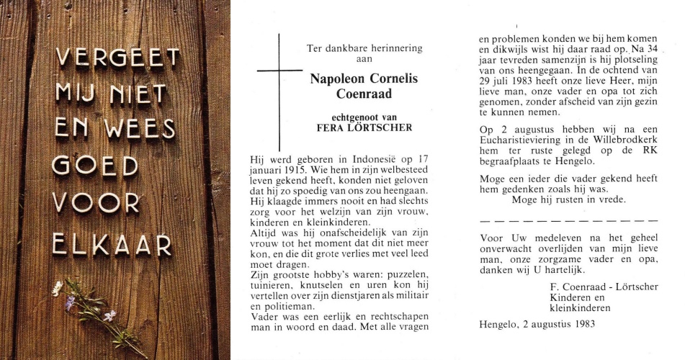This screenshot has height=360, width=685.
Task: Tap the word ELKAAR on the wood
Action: [114, 246]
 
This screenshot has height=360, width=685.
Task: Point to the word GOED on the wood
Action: [96, 166]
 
